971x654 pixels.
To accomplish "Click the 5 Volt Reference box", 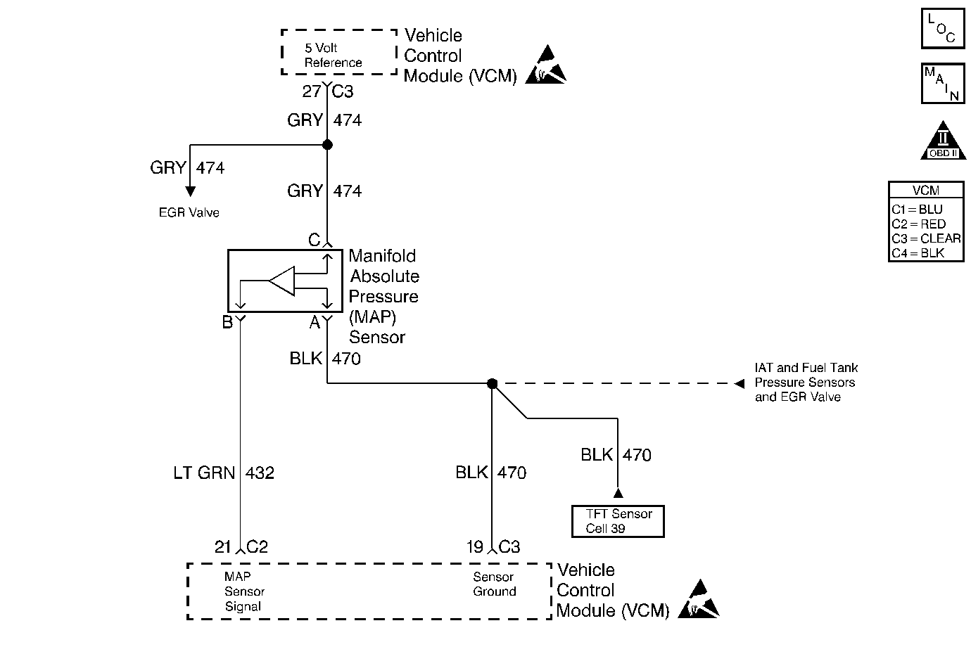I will pyautogui.click(x=339, y=52).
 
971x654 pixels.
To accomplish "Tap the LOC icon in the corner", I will pyautogui.click(x=942, y=28).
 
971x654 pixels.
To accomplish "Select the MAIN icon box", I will pyautogui.click(x=942, y=84).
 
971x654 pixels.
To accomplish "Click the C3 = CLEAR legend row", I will pyautogui.click(x=925, y=238).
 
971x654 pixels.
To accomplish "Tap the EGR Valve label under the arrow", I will pyautogui.click(x=189, y=212).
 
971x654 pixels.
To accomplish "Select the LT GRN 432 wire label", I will pyautogui.click(x=224, y=473).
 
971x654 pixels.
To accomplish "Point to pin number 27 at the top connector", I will pyautogui.click(x=312, y=91).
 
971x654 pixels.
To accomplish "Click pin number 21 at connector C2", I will pyautogui.click(x=223, y=546).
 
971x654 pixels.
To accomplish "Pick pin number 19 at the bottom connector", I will pyautogui.click(x=475, y=546).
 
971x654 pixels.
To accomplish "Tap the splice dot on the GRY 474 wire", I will pyautogui.click(x=327, y=145).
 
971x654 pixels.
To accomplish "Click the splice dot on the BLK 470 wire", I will pyautogui.click(x=493, y=383).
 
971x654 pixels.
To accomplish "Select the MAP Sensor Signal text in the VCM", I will pyautogui.click(x=244, y=591).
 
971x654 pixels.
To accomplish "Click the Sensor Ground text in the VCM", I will pyautogui.click(x=494, y=584).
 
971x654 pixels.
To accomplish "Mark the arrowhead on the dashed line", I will pyautogui.click(x=739, y=384).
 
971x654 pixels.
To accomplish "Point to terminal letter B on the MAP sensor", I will pyautogui.click(x=227, y=323).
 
